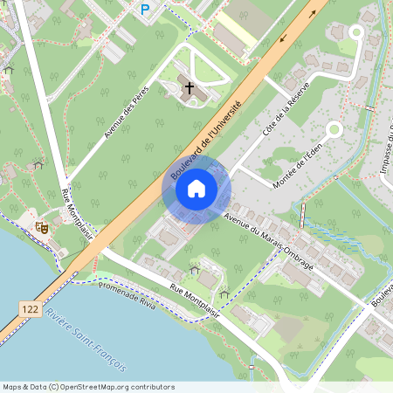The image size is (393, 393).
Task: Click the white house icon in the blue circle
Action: [196, 188]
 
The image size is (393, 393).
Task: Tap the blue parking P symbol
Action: [145, 9]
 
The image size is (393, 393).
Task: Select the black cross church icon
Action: [190, 87]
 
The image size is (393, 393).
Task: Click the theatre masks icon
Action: [40, 227]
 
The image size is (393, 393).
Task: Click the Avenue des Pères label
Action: [127, 112]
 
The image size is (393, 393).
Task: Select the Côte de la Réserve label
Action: [275, 117]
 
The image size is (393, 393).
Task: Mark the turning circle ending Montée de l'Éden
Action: [333, 130]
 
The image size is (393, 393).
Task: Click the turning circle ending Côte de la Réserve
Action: [355, 31]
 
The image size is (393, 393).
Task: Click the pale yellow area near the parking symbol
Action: [235, 24]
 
